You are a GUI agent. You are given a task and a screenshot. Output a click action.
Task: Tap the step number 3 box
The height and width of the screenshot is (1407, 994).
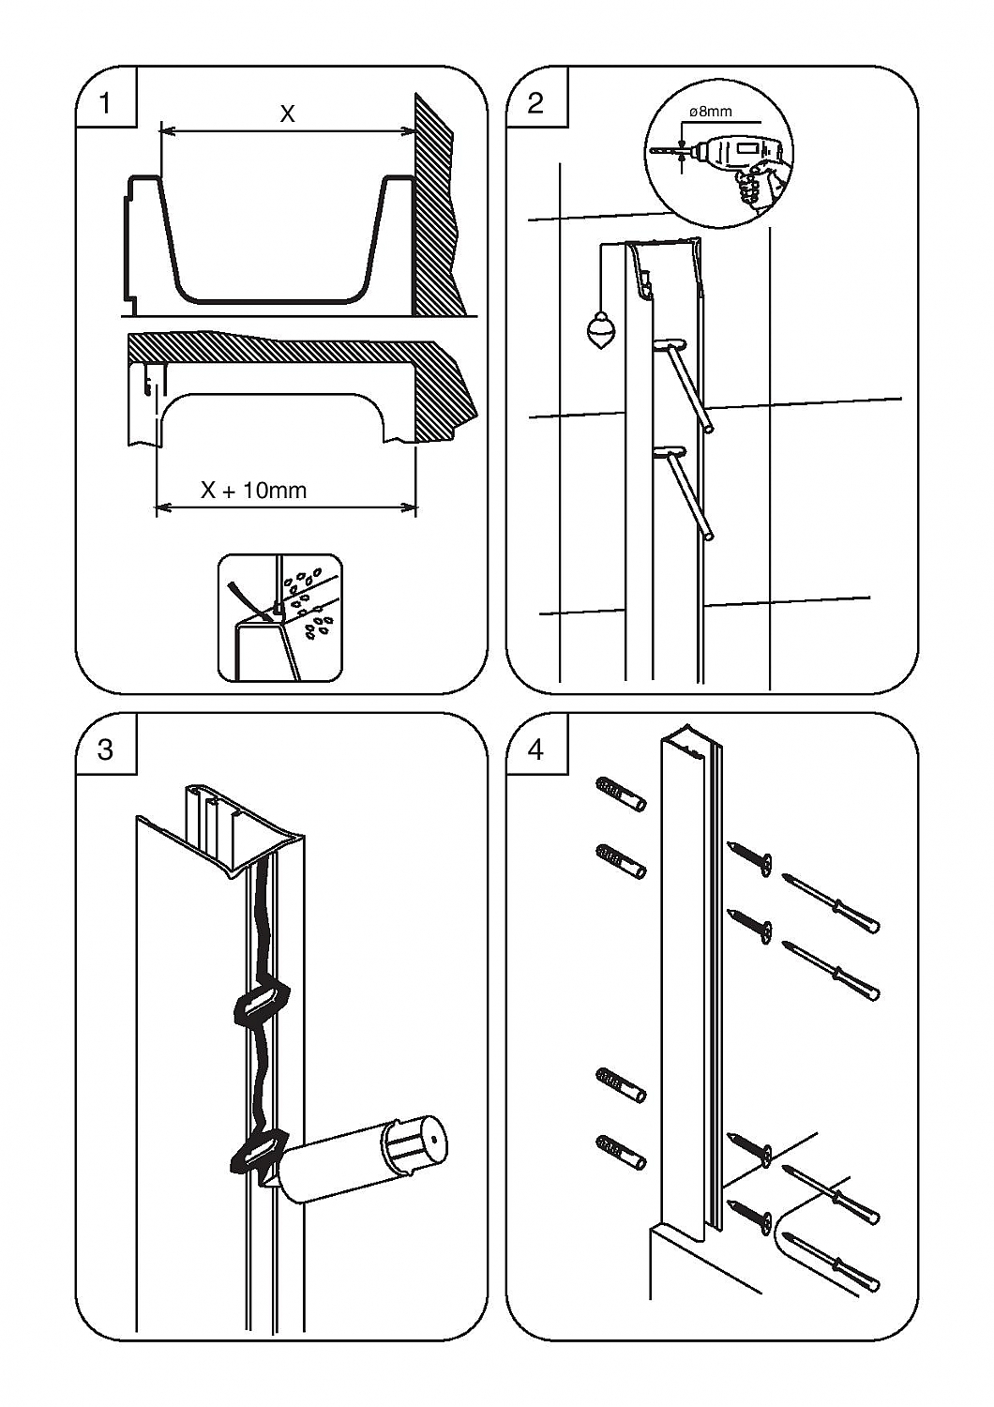[104, 749]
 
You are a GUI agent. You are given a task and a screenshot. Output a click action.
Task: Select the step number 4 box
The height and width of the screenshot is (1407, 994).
[535, 749]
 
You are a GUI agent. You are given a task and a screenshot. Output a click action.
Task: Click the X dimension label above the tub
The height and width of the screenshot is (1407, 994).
[288, 114]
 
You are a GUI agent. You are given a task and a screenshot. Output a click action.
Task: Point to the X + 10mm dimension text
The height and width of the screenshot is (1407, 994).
[254, 490]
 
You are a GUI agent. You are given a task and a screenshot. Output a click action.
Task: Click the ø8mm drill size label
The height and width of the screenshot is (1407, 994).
[710, 112]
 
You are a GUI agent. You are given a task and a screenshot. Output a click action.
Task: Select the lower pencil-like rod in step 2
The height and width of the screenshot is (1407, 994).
[689, 493]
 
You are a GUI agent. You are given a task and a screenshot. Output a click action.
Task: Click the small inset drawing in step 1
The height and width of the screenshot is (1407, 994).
[279, 617]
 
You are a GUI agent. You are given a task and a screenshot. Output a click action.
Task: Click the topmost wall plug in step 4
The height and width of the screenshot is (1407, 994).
[620, 794]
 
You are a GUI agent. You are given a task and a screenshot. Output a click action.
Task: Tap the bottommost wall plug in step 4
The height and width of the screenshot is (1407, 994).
[620, 1151]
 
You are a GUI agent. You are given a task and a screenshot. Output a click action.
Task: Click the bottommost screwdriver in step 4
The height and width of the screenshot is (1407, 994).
[834, 1262]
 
